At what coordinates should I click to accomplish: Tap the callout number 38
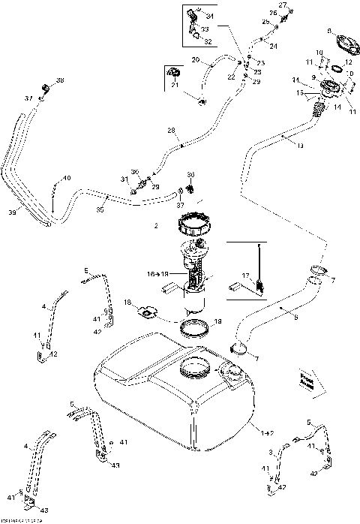tap(60, 80)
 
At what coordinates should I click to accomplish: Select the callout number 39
tap(10, 213)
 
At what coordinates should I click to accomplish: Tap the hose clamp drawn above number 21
tap(173, 71)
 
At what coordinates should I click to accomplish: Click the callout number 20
tap(194, 59)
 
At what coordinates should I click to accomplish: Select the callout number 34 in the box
tap(209, 16)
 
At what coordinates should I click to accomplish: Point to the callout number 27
tap(284, 5)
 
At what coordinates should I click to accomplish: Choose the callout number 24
tap(273, 47)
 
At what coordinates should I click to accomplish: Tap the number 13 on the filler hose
tap(300, 146)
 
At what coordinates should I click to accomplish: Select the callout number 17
tap(245, 275)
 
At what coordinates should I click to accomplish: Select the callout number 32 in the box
tap(207, 42)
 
